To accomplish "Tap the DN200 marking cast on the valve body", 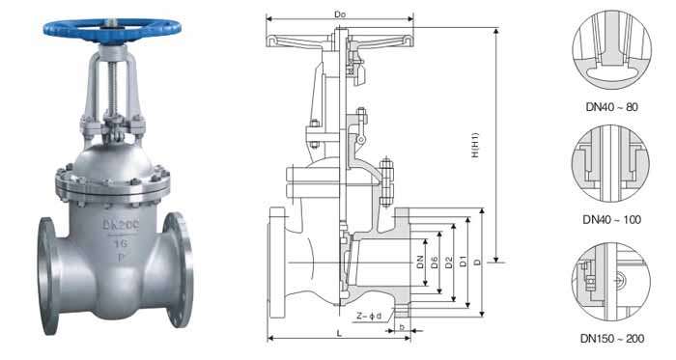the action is pos(121,225).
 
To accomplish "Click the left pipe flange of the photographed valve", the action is pos(47,276).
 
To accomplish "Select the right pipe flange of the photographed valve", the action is pos(179,269).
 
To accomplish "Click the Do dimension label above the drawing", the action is pos(340,14).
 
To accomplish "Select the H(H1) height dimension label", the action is pos(475,145).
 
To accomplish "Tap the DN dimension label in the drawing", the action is pos(420,263).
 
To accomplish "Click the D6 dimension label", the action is pos(435,263).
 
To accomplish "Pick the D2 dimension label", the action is pos(449,263).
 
